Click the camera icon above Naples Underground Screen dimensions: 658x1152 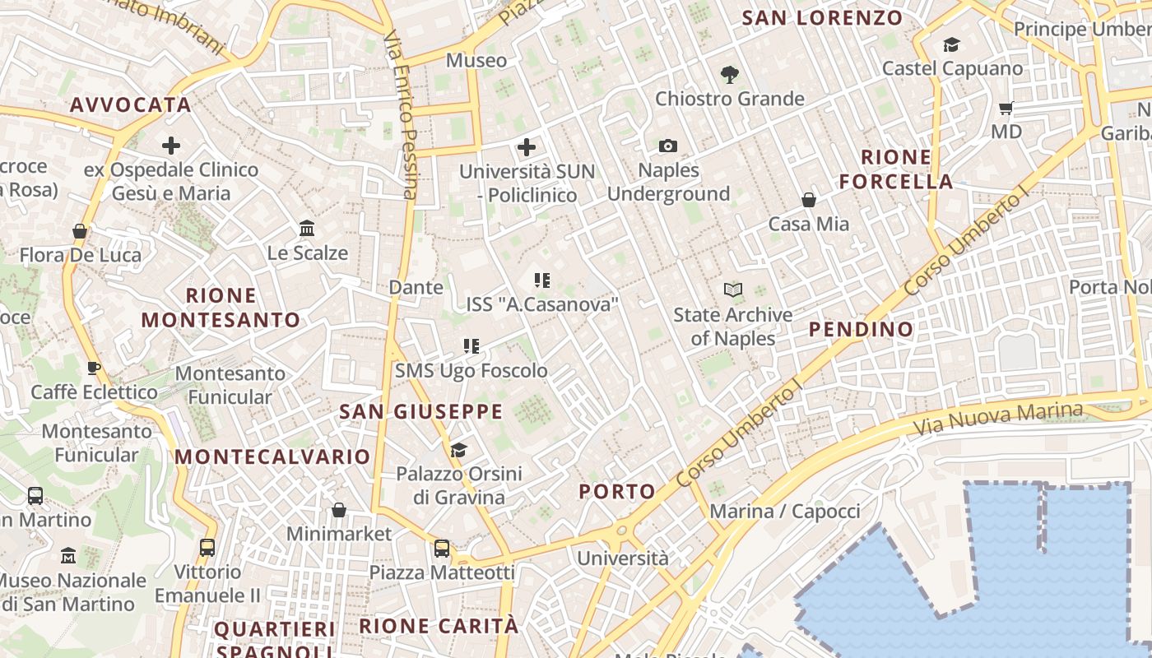668,146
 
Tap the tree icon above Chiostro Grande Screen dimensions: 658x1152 729,75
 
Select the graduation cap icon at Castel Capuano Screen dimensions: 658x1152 951,45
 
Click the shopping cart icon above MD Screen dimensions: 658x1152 1006,108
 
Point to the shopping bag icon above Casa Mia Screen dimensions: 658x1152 809,200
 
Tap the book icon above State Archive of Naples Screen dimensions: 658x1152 732,290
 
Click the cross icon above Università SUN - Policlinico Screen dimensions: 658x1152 527,148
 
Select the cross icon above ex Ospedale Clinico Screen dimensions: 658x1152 171,146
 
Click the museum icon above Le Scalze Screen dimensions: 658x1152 307,228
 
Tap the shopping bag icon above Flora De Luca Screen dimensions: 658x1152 80,231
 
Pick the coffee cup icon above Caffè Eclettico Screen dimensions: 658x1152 93,368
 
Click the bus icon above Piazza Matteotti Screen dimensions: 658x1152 442,548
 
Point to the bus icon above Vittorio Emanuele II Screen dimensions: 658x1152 207,547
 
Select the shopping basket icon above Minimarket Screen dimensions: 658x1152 338,511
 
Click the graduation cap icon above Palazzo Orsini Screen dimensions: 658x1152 458,450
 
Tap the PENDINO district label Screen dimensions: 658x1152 861,330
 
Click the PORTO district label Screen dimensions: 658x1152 617,492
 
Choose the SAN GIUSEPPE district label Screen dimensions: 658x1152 420,412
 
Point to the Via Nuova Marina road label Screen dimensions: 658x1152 1000,419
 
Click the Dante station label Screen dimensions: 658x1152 416,288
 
